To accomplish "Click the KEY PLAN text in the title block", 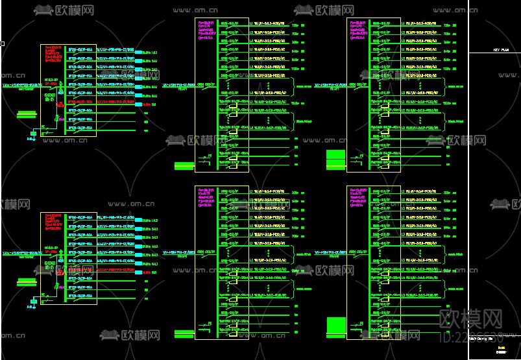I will (x=500, y=49).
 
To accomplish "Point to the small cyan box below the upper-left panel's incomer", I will (x=33, y=134).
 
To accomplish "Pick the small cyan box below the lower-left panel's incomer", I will (x=33, y=302).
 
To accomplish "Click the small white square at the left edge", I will (x=3, y=44).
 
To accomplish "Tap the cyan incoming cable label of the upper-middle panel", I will (x=178, y=84).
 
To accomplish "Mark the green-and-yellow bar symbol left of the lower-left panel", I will (x=27, y=282).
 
